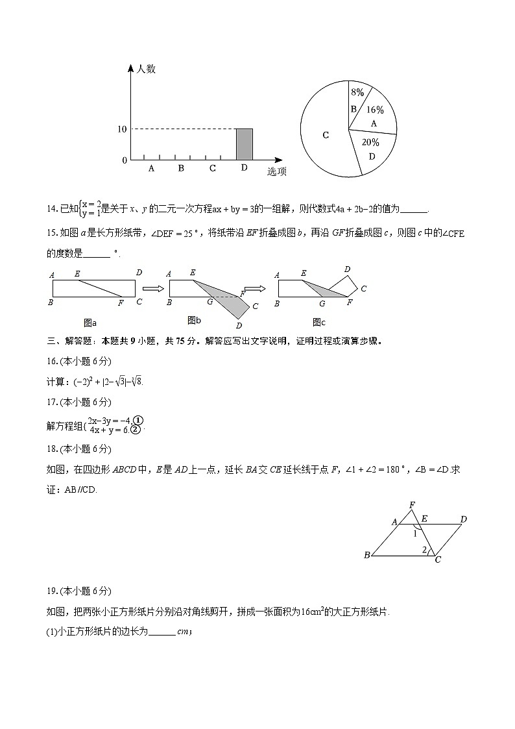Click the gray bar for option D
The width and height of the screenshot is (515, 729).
click(x=244, y=144)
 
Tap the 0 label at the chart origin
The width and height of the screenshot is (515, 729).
click(x=125, y=160)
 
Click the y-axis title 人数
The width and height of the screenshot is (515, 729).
click(x=145, y=69)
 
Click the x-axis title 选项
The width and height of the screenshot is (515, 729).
click(x=277, y=172)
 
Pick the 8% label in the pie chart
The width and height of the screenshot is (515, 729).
click(x=357, y=93)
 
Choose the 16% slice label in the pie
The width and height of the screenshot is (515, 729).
click(x=375, y=110)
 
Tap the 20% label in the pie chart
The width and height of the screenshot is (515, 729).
click(x=370, y=142)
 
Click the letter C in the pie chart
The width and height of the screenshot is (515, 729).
click(x=326, y=135)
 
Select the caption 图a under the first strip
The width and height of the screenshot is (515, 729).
click(x=90, y=322)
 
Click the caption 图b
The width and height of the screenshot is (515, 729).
click(x=194, y=320)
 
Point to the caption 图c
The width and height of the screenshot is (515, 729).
click(x=318, y=322)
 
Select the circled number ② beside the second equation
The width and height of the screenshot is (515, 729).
click(x=135, y=429)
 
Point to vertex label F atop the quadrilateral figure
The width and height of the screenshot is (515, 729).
click(x=411, y=504)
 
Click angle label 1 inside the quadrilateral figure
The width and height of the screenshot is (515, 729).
click(x=416, y=534)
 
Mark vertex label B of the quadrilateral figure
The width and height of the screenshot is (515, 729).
click(x=367, y=555)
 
